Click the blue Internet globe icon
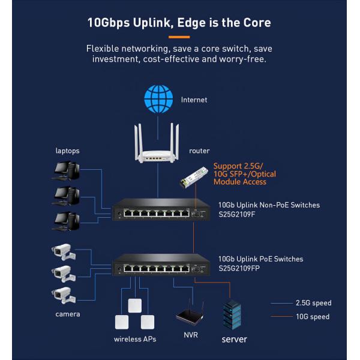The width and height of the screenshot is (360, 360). pyautogui.click(x=158, y=99)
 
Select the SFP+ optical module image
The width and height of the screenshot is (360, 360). pyautogui.click(x=194, y=177)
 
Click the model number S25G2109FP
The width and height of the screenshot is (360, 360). pyautogui.click(x=239, y=268)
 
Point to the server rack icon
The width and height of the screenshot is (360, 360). pyautogui.click(x=232, y=314)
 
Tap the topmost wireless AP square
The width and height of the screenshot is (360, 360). pyautogui.click(x=135, y=305)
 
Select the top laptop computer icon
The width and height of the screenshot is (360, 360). pyautogui.click(x=66, y=171)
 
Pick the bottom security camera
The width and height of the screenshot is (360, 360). pyautogui.click(x=64, y=295)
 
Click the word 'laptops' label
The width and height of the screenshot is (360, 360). pyautogui.click(x=67, y=151)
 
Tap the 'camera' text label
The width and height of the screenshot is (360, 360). pyautogui.click(x=68, y=314)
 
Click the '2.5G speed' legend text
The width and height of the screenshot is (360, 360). pyautogui.click(x=313, y=303)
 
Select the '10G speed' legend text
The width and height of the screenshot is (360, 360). pyautogui.click(x=313, y=317)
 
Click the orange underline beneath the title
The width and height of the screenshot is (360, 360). pyautogui.click(x=179, y=37)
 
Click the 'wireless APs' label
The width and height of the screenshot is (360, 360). pyautogui.click(x=135, y=339)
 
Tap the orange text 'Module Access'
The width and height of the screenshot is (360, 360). pyautogui.click(x=239, y=182)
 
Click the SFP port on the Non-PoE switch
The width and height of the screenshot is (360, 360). pyautogui.click(x=195, y=214)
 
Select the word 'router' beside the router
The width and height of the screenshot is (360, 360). pyautogui.click(x=199, y=151)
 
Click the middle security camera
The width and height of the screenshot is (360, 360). pyautogui.click(x=64, y=274)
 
